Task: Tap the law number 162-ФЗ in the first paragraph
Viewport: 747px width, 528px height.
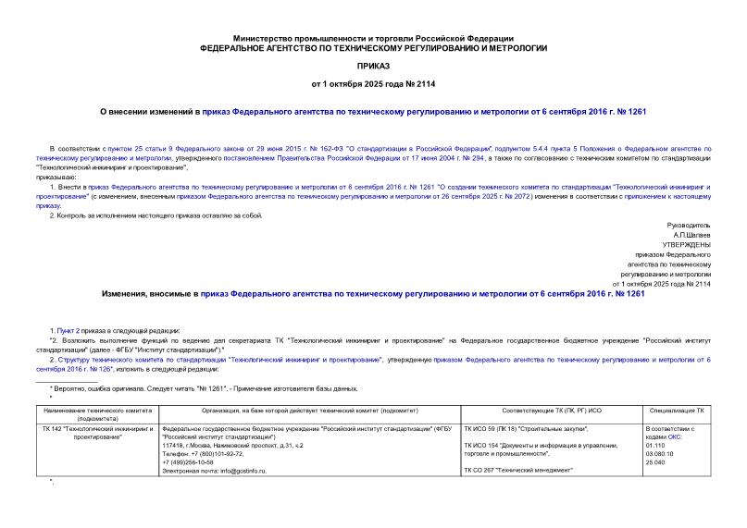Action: coord(318,148)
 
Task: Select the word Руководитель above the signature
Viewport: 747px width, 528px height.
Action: coord(689,225)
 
